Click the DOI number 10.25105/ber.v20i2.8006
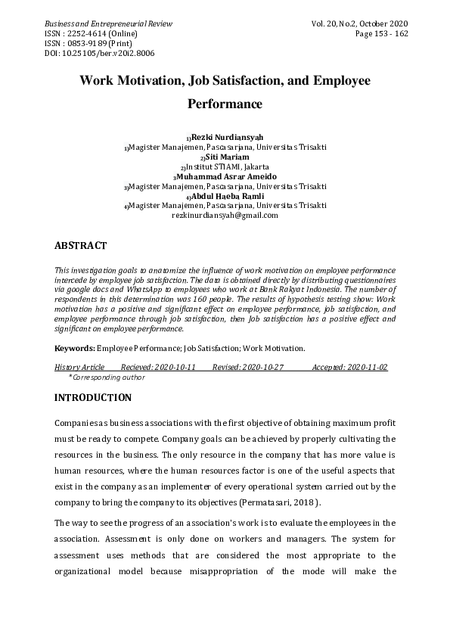pyautogui.click(x=100, y=54)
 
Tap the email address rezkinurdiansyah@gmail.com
pyautogui.click(x=225, y=216)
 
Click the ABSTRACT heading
pyautogui.click(x=81, y=246)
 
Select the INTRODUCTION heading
pyautogui.click(x=93, y=398)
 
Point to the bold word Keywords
pyautogui.click(x=74, y=349)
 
